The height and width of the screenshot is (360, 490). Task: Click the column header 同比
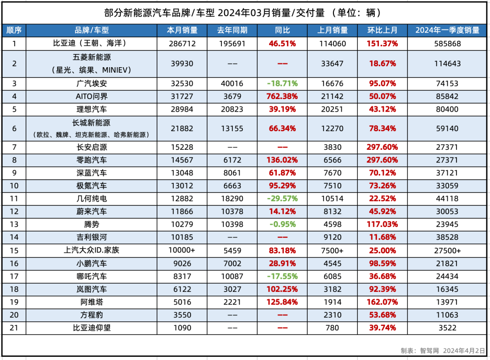(282, 30)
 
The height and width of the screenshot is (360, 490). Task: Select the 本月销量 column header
(182, 30)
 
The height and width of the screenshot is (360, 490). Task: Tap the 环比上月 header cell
(382, 30)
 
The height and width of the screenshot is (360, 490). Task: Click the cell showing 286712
(182, 44)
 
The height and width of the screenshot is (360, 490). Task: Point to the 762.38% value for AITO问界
(282, 96)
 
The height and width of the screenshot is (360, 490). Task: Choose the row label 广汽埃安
(92, 84)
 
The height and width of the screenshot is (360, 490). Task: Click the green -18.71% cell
(282, 84)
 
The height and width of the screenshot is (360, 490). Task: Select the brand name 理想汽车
(92, 109)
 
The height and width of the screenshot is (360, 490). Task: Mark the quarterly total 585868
(447, 44)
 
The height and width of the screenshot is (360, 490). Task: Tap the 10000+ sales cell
(182, 250)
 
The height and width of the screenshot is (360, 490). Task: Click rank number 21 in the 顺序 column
(14, 327)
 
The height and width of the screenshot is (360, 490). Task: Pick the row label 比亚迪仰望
(92, 327)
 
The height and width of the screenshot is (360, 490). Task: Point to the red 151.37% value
(382, 44)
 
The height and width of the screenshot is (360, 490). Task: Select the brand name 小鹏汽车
(92, 263)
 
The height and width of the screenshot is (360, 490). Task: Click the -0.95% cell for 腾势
(282, 224)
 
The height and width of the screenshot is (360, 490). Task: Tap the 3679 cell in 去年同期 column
(232, 96)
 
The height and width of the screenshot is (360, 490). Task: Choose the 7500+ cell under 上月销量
(332, 250)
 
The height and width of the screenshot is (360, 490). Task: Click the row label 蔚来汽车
(92, 212)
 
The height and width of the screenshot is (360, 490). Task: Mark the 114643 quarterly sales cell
(447, 64)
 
